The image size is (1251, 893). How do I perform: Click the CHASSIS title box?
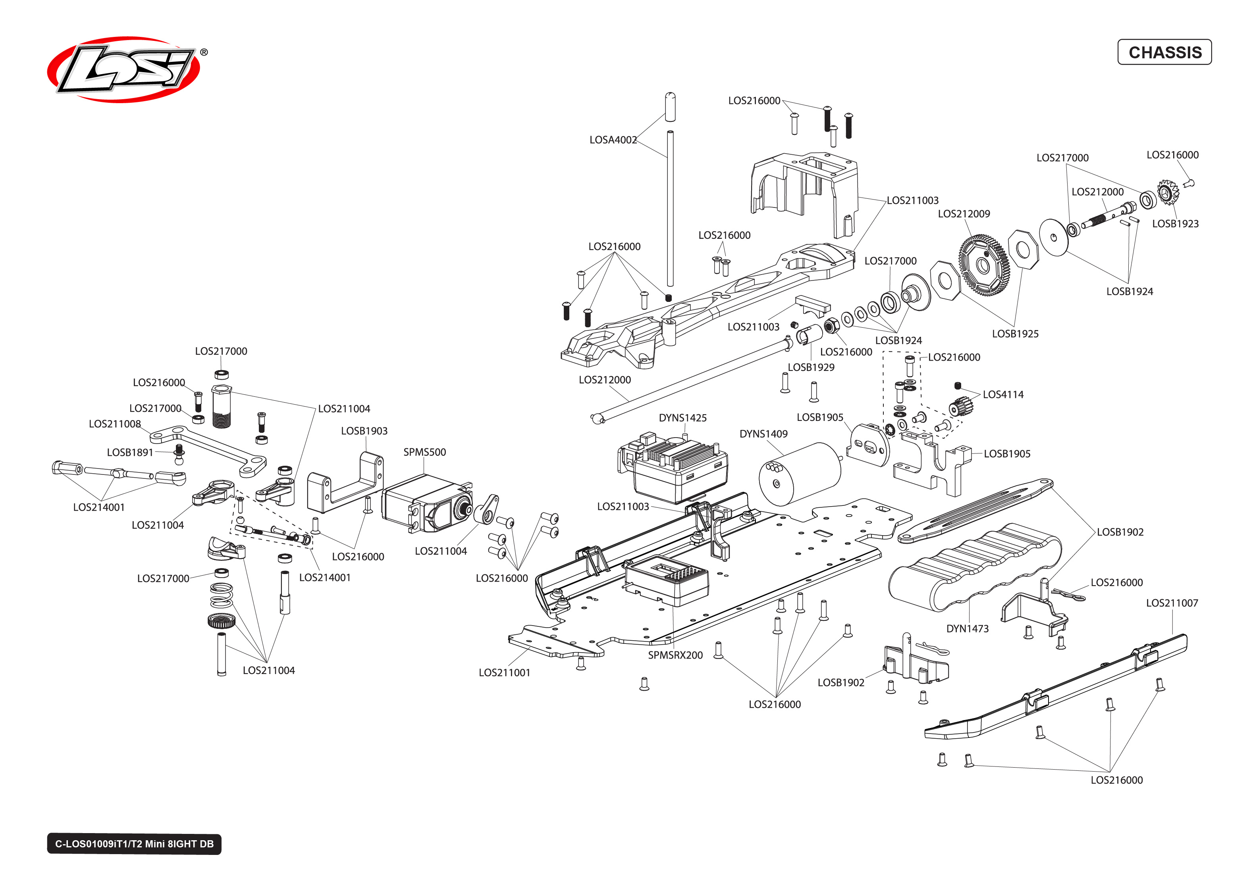1164,52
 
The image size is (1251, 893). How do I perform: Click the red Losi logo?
124,69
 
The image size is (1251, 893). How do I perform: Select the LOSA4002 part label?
613,140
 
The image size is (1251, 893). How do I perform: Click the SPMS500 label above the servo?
424,452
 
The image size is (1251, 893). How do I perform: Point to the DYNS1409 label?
763,434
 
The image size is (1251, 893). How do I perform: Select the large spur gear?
983,265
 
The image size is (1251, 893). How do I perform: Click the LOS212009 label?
963,213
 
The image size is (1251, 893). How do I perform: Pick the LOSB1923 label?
1175,223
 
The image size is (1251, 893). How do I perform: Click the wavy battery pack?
974,567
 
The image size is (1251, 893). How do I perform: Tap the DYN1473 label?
967,628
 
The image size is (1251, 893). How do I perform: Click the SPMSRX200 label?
675,655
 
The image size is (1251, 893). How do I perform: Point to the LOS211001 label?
504,672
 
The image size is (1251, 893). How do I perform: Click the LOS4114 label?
1002,394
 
